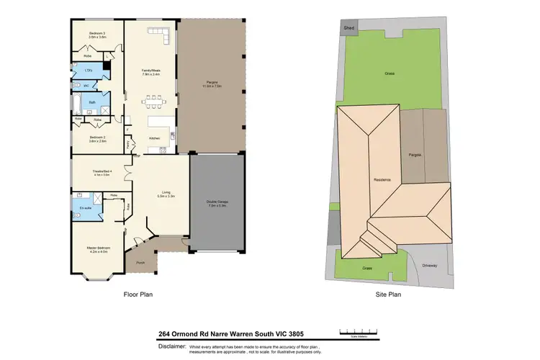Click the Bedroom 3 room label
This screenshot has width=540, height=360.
click(x=97, y=34)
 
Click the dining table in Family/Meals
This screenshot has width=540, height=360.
click(x=153, y=99)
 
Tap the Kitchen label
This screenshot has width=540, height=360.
click(x=154, y=138)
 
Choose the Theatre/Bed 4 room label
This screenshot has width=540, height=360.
click(x=100, y=171)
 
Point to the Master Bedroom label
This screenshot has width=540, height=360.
click(x=97, y=249)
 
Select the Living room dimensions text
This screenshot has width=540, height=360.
click(x=166, y=196)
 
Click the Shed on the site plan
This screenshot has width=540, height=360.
click(x=349, y=27)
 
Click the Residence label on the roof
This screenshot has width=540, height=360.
click(x=382, y=179)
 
